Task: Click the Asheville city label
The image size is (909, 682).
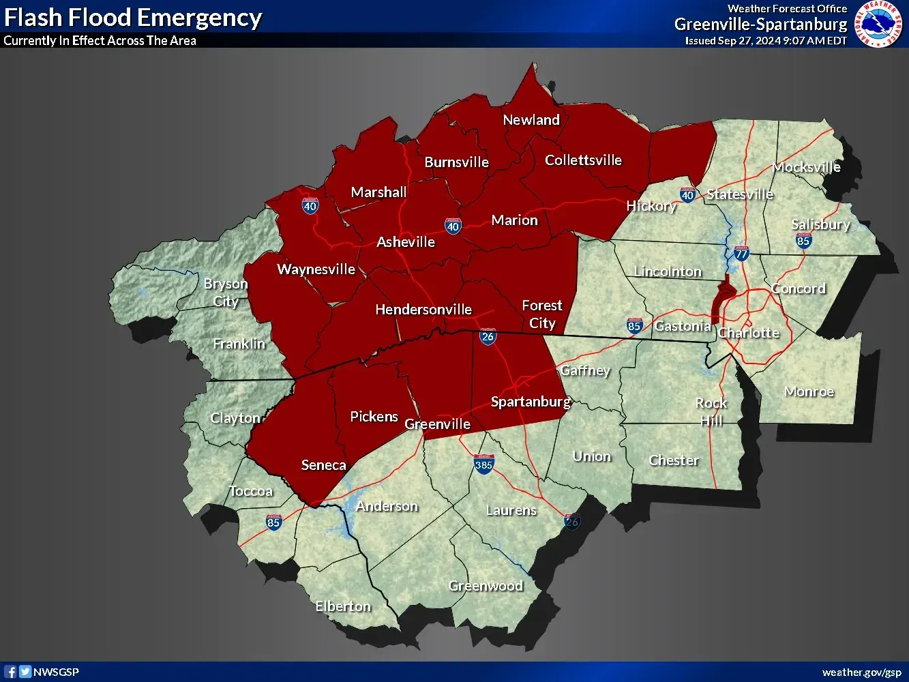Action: [406, 242]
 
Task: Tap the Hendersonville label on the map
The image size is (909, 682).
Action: [423, 310]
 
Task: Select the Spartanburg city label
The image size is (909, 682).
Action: [531, 402]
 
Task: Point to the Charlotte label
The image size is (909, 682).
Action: [748, 333]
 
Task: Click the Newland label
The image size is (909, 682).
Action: [531, 120]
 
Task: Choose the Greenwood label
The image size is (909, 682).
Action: [486, 586]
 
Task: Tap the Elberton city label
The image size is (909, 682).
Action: [343, 606]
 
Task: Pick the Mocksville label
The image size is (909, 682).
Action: [806, 167]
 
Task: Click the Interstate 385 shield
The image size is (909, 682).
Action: [483, 464]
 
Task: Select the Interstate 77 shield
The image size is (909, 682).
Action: [741, 253]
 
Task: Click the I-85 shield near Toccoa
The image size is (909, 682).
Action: [273, 522]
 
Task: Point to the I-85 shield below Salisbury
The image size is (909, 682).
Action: [803, 240]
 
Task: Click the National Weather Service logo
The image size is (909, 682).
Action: [878, 24]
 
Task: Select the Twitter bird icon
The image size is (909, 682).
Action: [25, 672]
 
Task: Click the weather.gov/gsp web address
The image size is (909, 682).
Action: [861, 672]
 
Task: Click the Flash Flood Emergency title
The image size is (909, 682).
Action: [133, 18]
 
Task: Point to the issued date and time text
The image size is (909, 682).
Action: [766, 41]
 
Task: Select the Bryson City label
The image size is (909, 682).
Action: [226, 293]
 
